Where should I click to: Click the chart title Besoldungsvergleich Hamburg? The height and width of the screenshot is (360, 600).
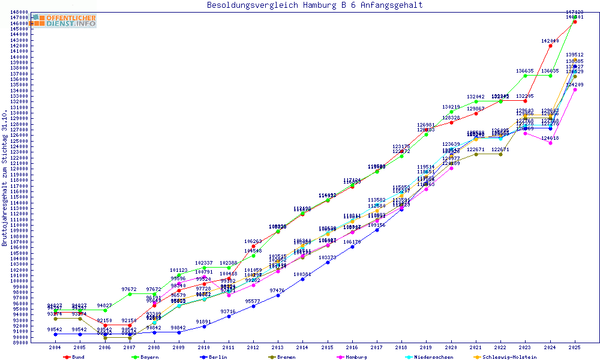pos(314,5)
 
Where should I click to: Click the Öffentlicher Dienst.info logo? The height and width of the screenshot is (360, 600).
pos(64,20)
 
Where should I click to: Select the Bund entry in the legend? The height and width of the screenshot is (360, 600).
pos(75,357)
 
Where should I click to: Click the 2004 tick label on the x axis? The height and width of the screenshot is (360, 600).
pos(55,347)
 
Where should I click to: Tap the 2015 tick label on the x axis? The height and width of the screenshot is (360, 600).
pos(328,347)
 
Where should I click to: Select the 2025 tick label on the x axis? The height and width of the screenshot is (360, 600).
pos(575,347)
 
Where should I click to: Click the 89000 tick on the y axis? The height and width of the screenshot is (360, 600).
pos(19,343)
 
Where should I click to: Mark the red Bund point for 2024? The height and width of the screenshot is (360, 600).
pos(550,46)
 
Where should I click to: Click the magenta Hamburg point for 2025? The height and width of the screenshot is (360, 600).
pos(575,89)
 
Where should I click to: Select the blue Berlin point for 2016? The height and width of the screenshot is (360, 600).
pos(352,247)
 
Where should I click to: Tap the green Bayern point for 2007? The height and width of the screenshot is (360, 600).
pos(130,294)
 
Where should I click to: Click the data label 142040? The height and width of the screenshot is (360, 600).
pos(550,41)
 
